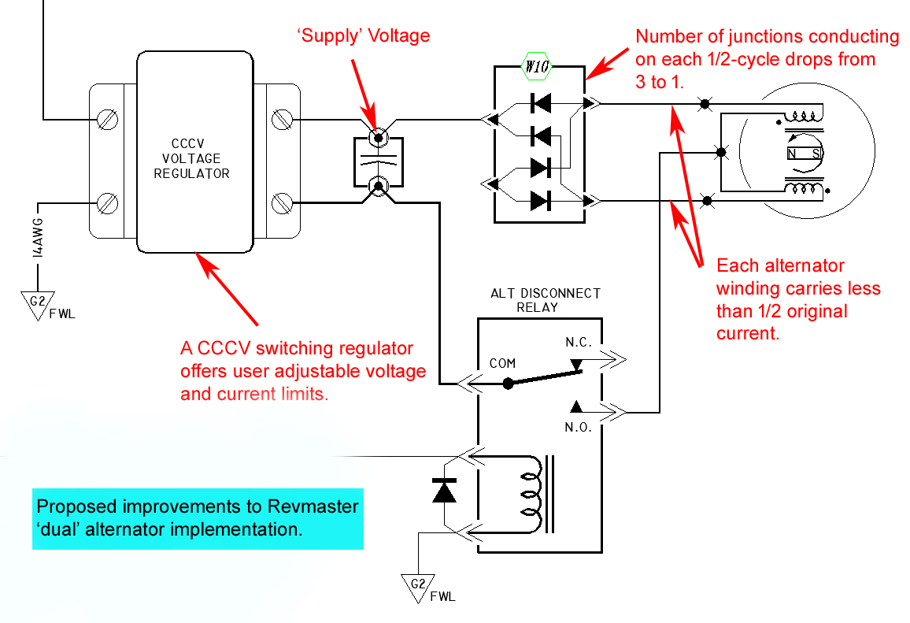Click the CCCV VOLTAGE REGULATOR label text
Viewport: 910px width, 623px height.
point(191,158)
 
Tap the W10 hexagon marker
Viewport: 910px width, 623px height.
point(537,67)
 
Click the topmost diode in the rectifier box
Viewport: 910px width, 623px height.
point(541,103)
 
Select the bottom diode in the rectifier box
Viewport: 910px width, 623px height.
point(541,201)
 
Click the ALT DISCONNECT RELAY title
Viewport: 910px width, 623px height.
point(546,300)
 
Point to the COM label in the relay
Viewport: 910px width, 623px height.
point(502,363)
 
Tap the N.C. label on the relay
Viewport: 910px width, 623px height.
point(579,343)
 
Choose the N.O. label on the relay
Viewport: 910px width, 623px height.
point(578,428)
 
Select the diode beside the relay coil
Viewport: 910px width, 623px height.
point(445,491)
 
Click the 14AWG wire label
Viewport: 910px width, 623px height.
point(38,238)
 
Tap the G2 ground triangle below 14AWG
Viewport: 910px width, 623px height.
point(38,304)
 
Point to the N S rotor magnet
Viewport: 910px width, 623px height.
point(804,154)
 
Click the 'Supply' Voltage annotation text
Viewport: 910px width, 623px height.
point(364,36)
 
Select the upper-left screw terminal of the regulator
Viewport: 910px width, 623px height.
point(107,121)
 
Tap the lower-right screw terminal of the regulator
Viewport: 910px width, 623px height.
point(282,202)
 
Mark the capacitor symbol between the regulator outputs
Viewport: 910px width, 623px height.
point(379,162)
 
